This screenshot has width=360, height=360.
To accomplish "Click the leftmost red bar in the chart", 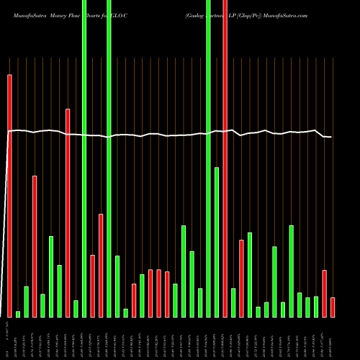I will tap(9, 194).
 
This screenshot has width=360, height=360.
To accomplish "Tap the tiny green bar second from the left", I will tap(18, 313).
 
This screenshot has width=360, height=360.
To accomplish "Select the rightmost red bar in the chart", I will tap(333, 307).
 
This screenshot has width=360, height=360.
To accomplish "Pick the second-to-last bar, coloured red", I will tap(325, 293).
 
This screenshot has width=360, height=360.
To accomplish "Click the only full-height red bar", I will tap(225, 158).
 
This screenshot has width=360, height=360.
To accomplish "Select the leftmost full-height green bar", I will tap(84, 158).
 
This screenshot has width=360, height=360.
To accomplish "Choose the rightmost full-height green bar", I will tap(208, 158).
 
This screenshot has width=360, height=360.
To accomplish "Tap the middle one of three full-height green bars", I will tap(109, 158).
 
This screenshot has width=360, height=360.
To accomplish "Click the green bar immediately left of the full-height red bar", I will tap(216, 242).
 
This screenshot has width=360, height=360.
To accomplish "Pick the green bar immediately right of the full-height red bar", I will tap(233, 302).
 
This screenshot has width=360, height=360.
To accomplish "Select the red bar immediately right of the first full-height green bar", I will tap(93, 286).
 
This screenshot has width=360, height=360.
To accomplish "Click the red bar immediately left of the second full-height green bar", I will tap(101, 265).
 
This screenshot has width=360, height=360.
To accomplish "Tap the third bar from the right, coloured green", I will tap(316, 306).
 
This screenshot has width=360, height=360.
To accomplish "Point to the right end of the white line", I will tap(330, 137).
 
